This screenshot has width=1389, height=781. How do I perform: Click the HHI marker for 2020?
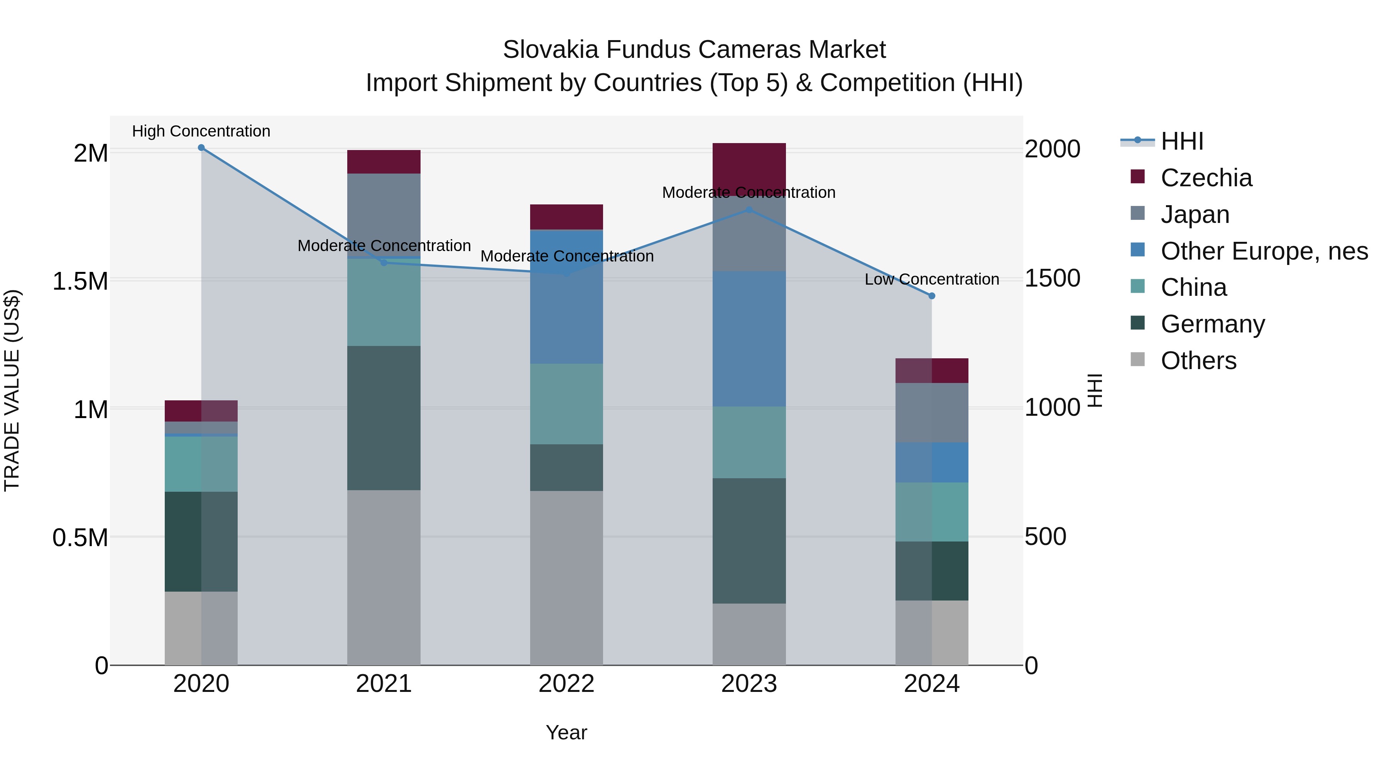tap(201, 148)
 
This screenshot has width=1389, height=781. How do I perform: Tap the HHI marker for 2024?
tap(932, 296)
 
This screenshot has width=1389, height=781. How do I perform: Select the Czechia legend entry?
tap(1206, 178)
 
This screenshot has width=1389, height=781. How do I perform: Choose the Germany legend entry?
tap(1212, 324)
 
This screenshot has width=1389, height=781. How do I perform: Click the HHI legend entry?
tap(1181, 141)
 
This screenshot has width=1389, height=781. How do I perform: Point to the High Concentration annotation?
tap(201, 131)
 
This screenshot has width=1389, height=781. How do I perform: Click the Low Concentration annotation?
tap(932, 279)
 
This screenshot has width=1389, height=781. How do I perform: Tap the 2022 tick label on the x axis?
tap(566, 684)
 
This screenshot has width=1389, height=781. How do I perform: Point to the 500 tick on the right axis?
tap(1045, 537)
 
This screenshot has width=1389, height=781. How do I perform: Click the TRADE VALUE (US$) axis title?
tap(12, 390)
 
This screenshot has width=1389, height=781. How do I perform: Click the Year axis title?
tap(566, 732)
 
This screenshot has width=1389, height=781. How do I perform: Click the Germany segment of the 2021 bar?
tap(384, 418)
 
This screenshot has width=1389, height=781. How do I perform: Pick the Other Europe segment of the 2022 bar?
tap(566, 297)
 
